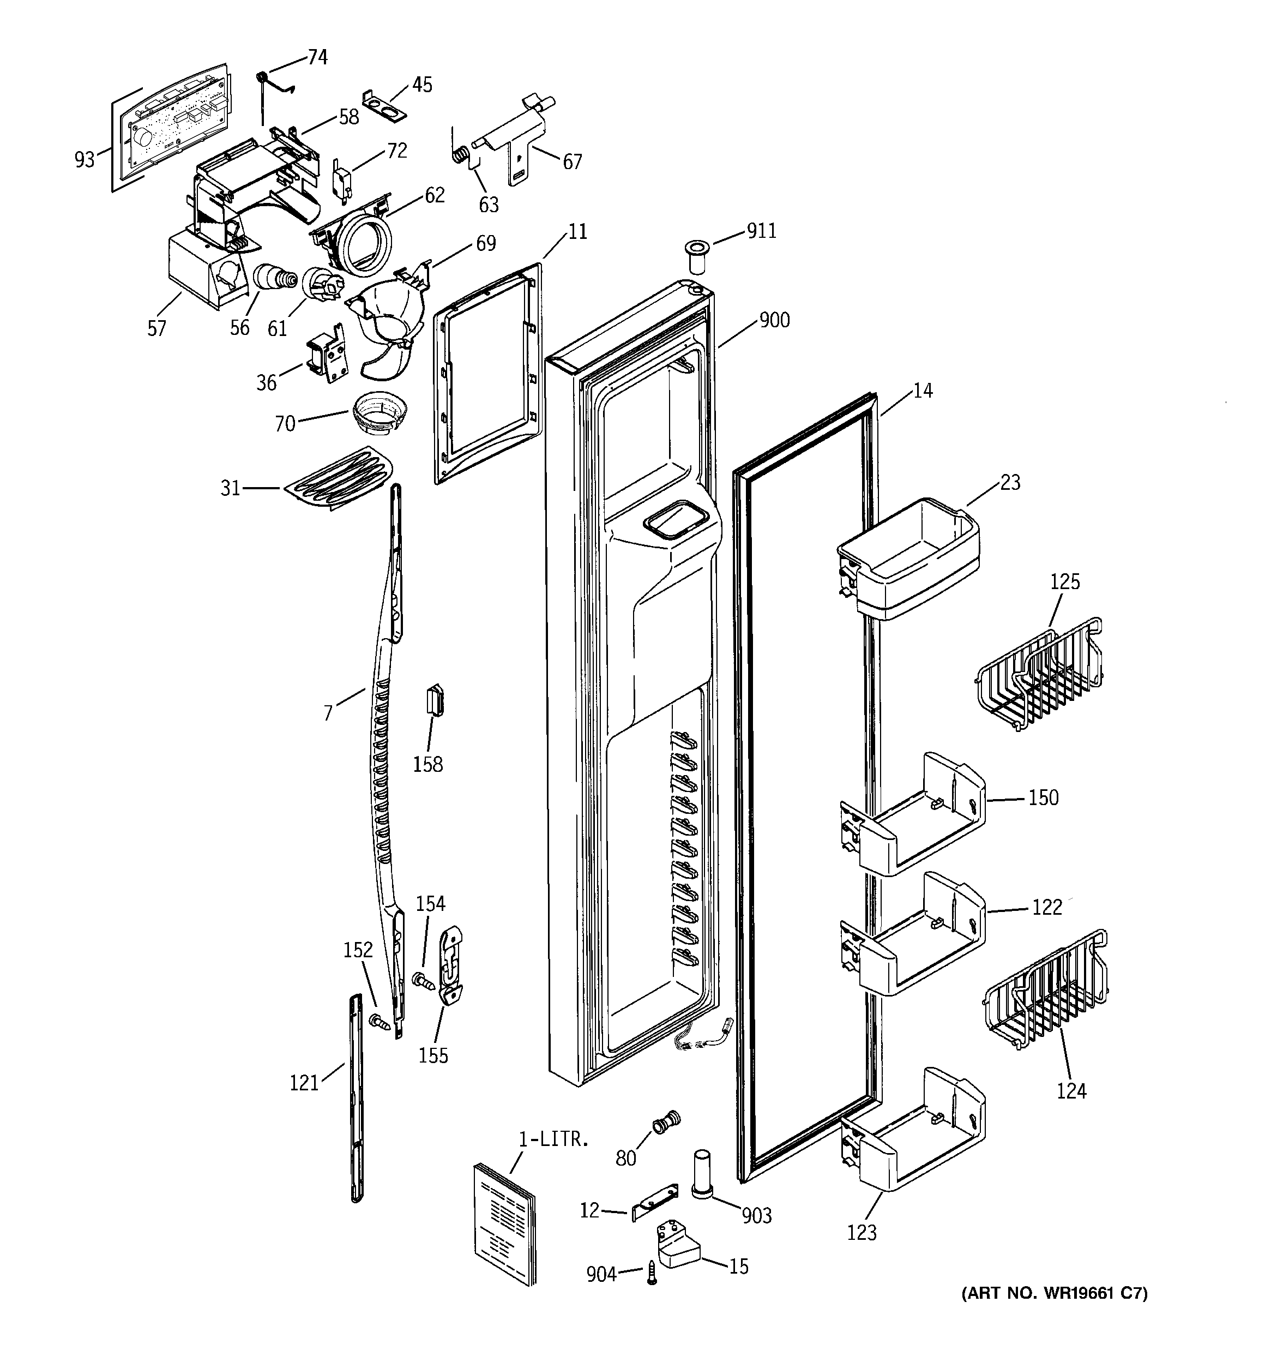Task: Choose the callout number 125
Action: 1065,582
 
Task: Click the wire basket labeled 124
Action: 1046,993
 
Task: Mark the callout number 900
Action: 774,319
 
